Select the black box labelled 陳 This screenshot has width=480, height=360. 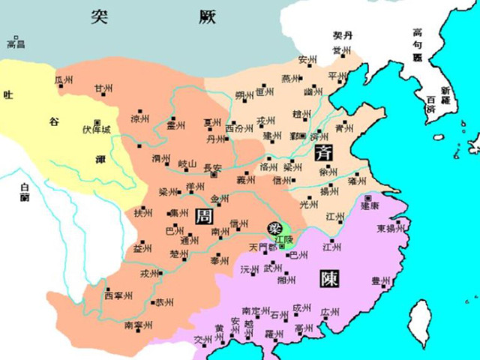tap(328, 279)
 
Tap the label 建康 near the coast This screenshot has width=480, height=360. tap(371, 204)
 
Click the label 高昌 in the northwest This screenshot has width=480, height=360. tap(16, 44)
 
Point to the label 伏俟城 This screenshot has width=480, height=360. tap(97, 130)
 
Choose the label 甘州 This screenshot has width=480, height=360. tap(103, 88)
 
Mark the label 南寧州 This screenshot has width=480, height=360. tap(138, 325)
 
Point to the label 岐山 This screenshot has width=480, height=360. tap(186, 163)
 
